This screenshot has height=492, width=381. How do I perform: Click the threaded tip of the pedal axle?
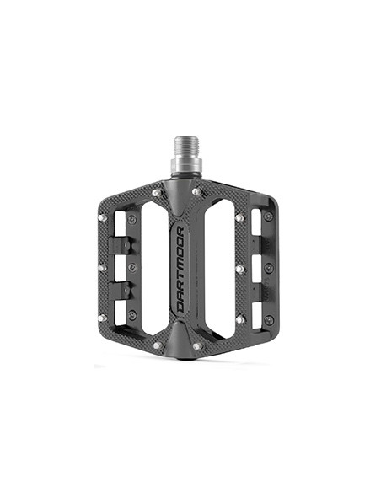pyautogui.click(x=186, y=147)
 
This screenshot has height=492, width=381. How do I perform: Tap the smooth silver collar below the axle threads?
pyautogui.click(x=186, y=166)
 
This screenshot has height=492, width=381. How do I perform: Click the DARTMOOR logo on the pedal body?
pyautogui.click(x=180, y=270)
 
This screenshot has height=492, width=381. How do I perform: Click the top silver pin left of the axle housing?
pyautogui.click(x=157, y=193)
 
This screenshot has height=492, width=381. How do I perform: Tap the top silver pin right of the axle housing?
pyautogui.click(x=196, y=191)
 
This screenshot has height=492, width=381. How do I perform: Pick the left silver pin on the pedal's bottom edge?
pyautogui.click(x=158, y=345)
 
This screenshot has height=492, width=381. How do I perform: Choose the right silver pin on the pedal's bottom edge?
pyautogui.click(x=197, y=346)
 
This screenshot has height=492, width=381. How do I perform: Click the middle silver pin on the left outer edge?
pyautogui.click(x=102, y=268)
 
